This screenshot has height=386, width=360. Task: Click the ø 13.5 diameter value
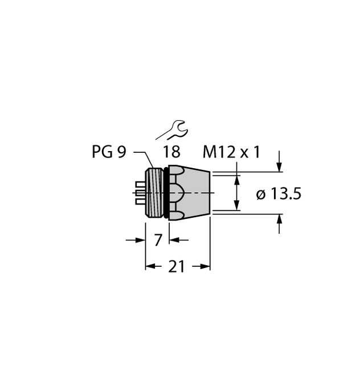[279, 194]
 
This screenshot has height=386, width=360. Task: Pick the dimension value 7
[159, 240]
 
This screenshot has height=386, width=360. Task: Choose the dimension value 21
[177, 266]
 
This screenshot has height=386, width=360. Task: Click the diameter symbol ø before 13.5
[261, 195]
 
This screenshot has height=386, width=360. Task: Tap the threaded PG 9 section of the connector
[155, 193]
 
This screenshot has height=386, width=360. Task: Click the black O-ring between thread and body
[164, 193]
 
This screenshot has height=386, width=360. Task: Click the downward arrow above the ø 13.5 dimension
[279, 165]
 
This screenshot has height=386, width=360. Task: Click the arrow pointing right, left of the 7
[140, 240]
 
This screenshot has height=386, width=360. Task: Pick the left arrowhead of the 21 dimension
[151, 266]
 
